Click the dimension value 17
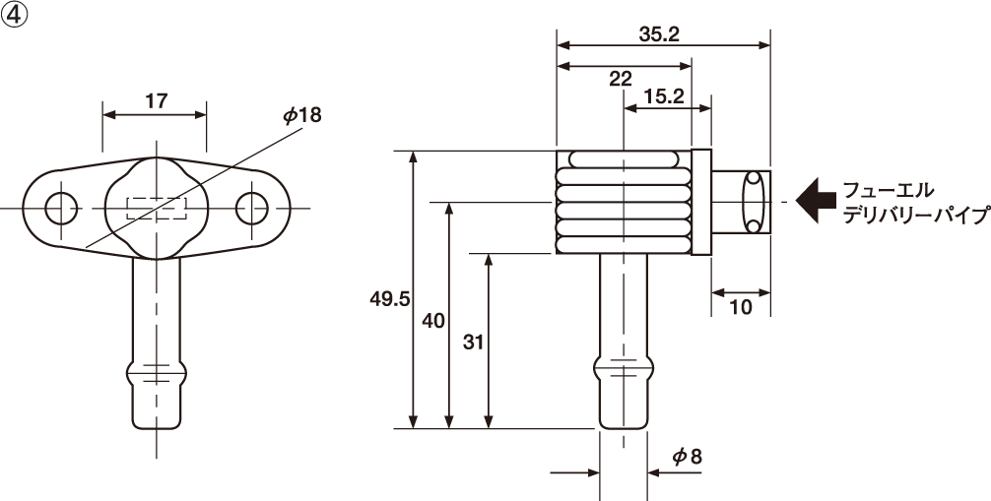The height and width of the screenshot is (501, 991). pos(156,100)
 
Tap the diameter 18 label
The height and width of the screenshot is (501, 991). pos(301,116)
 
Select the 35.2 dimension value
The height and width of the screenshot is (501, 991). pos(659,34)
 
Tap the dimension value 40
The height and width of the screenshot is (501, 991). pos(432,320)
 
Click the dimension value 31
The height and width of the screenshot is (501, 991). pos(473,342)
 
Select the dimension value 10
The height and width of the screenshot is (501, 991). pos(742,307)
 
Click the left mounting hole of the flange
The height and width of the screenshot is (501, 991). pos(61,208)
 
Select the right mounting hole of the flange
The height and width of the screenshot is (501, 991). pos(252,208)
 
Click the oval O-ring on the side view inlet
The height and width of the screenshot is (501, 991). pos(755,202)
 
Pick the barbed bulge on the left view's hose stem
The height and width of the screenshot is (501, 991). pos(157,376)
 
